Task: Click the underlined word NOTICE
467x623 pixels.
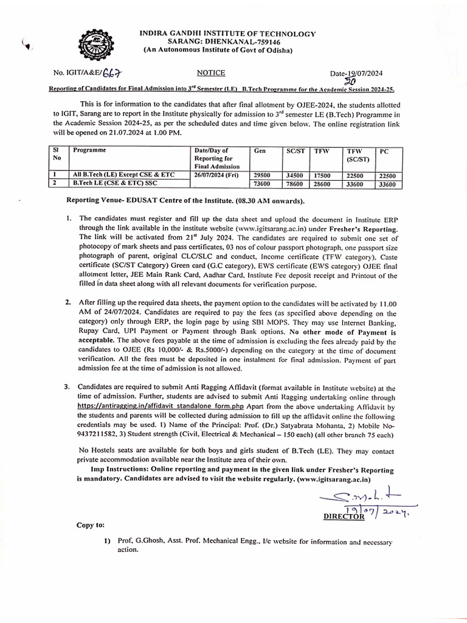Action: point(211,72)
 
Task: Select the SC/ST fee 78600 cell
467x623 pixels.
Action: point(296,183)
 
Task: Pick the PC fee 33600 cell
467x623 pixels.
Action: point(388,184)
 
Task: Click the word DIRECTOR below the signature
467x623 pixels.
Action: point(344,516)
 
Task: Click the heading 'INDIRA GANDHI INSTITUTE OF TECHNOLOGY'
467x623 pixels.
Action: point(227,34)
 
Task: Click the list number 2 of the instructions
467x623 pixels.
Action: point(68,302)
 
